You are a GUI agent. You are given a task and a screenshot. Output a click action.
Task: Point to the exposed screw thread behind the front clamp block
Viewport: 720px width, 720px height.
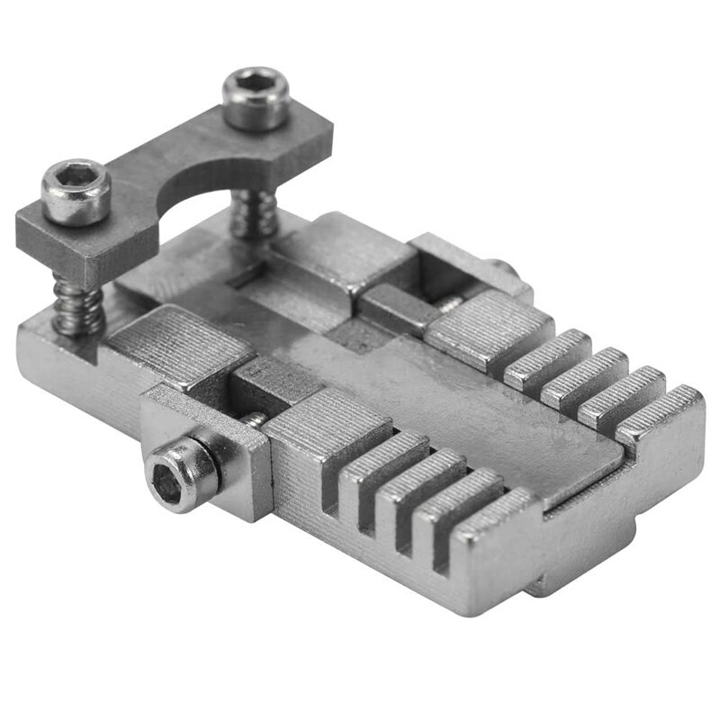pyautogui.click(x=256, y=418)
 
